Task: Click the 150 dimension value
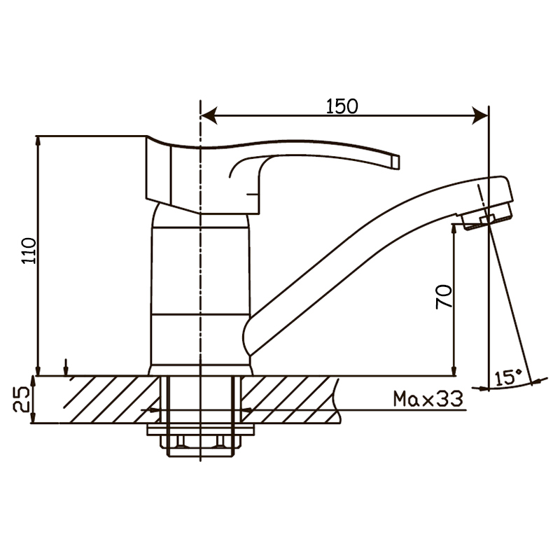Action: [x=342, y=106]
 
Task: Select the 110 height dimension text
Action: [x=29, y=251]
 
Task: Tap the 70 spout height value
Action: [x=444, y=297]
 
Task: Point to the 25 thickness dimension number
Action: [x=21, y=399]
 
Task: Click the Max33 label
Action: [x=428, y=398]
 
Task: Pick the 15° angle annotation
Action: [x=508, y=377]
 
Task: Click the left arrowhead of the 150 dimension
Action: [x=209, y=115]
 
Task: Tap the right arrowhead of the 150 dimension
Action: [x=480, y=115]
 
